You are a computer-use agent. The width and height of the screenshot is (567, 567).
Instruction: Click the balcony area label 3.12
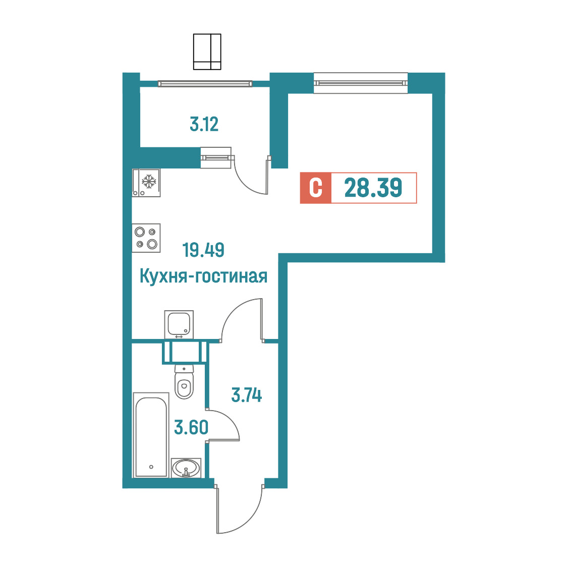click(204, 125)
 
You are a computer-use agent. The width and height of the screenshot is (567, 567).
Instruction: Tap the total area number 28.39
click(373, 188)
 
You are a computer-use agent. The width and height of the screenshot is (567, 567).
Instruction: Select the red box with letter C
click(316, 188)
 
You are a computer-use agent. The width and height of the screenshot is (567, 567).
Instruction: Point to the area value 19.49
click(203, 250)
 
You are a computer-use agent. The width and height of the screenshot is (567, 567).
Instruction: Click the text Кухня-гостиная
click(204, 276)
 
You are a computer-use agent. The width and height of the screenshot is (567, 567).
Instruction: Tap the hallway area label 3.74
click(247, 395)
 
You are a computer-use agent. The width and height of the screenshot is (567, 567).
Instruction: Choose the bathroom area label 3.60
click(191, 427)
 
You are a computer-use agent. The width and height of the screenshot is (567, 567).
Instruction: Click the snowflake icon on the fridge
click(149, 181)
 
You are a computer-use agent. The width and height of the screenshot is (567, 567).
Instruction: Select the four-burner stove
click(146, 238)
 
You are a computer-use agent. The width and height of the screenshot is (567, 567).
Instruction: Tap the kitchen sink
click(179, 324)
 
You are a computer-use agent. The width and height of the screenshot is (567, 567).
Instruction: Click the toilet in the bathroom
click(185, 381)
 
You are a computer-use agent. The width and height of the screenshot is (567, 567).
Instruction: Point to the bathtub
click(151, 435)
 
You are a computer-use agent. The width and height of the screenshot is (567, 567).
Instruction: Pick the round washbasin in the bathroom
click(186, 468)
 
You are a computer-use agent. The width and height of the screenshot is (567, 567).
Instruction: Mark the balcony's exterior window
click(205, 84)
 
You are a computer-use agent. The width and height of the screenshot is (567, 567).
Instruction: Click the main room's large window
click(361, 83)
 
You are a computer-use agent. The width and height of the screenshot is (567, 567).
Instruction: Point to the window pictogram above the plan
click(207, 52)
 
